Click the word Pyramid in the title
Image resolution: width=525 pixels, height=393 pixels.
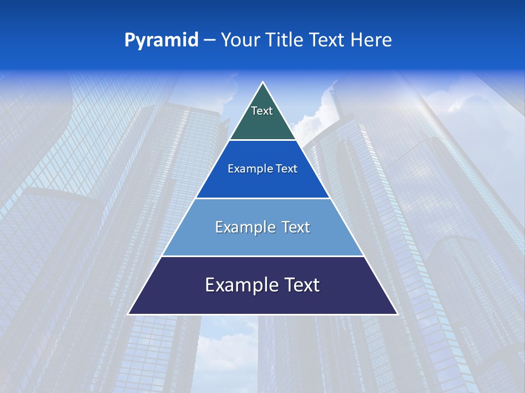(x=161, y=40)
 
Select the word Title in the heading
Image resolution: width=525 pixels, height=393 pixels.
(x=285, y=40)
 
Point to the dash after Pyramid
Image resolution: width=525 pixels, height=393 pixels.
(x=209, y=40)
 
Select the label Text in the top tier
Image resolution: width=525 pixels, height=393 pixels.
(x=262, y=111)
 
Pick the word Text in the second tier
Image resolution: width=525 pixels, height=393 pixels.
(x=287, y=169)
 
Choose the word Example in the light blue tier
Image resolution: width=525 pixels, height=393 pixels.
(x=241, y=227)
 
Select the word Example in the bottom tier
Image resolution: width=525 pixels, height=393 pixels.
(x=238, y=285)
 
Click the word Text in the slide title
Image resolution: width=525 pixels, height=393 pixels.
(x=328, y=40)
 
